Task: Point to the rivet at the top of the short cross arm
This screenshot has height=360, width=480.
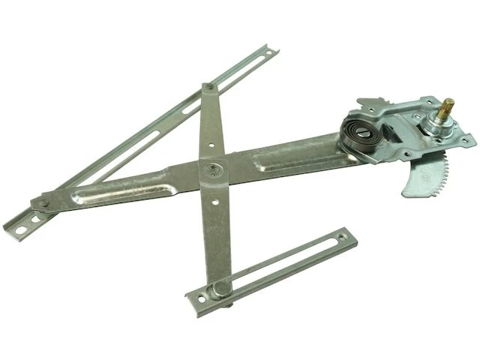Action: pyautogui.click(x=208, y=88)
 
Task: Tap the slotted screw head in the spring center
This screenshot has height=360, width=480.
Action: pyautogui.click(x=362, y=136)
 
